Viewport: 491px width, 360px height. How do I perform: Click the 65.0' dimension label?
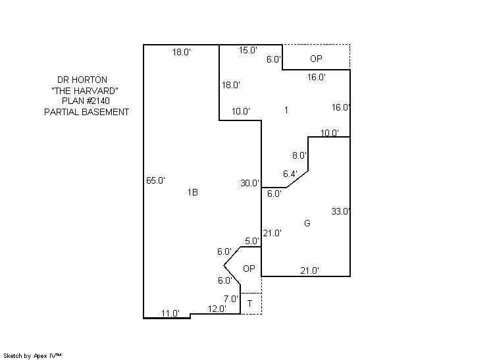[x=155, y=180]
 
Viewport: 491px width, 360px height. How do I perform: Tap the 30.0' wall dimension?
[x=249, y=184]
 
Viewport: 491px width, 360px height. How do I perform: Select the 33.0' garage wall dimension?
[x=340, y=211]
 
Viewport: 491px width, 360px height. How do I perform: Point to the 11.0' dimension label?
[x=170, y=313]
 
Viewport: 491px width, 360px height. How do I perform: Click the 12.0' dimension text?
[x=217, y=309]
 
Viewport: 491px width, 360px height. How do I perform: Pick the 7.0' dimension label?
[x=231, y=298]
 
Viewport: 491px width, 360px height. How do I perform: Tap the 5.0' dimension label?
[x=252, y=241]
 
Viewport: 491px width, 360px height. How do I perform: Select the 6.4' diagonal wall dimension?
[x=290, y=174]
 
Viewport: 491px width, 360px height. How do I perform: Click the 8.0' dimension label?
[x=299, y=156]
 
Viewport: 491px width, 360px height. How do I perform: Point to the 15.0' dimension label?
[x=247, y=50]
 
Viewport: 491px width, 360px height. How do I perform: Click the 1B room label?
[x=193, y=193]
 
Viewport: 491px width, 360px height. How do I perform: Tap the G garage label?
[x=307, y=223]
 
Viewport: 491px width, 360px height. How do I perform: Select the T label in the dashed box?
[x=250, y=303]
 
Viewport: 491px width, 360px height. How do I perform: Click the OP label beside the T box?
[x=249, y=269]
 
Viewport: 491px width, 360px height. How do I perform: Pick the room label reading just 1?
[x=286, y=110]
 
